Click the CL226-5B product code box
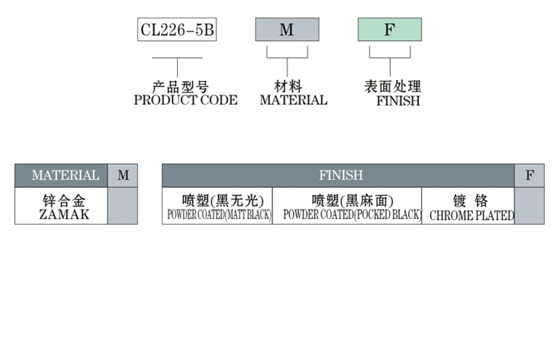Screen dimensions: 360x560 click(177, 30)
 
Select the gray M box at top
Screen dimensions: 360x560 click(286, 30)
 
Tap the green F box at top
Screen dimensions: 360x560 click(389, 30)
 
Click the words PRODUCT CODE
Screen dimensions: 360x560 click(186, 101)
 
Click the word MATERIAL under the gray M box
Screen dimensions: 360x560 click(293, 101)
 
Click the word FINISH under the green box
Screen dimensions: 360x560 click(398, 101)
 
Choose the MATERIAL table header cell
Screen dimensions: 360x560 click(66, 175)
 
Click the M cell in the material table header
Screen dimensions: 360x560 click(123, 175)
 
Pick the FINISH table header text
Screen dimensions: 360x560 click(341, 175)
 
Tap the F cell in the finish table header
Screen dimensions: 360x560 click(530, 175)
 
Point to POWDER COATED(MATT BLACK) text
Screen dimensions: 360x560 click(219, 215)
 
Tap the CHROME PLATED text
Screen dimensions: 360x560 click(471, 215)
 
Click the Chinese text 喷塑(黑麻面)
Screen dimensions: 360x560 click(347, 200)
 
